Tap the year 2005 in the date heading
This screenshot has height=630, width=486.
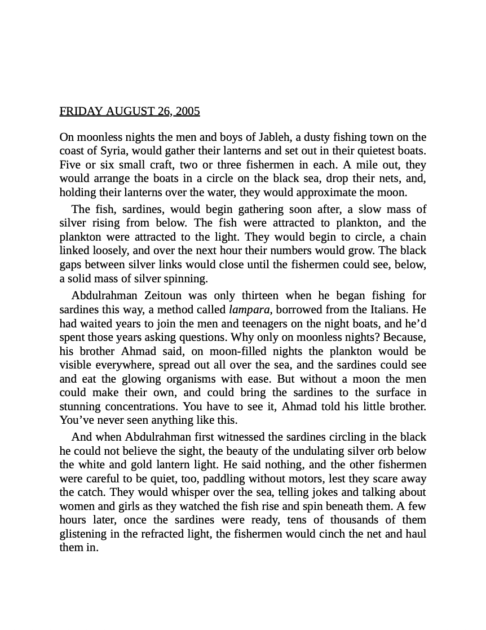click(x=188, y=111)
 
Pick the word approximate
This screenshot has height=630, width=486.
click(x=348, y=193)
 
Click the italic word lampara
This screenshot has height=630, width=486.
click(x=249, y=310)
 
